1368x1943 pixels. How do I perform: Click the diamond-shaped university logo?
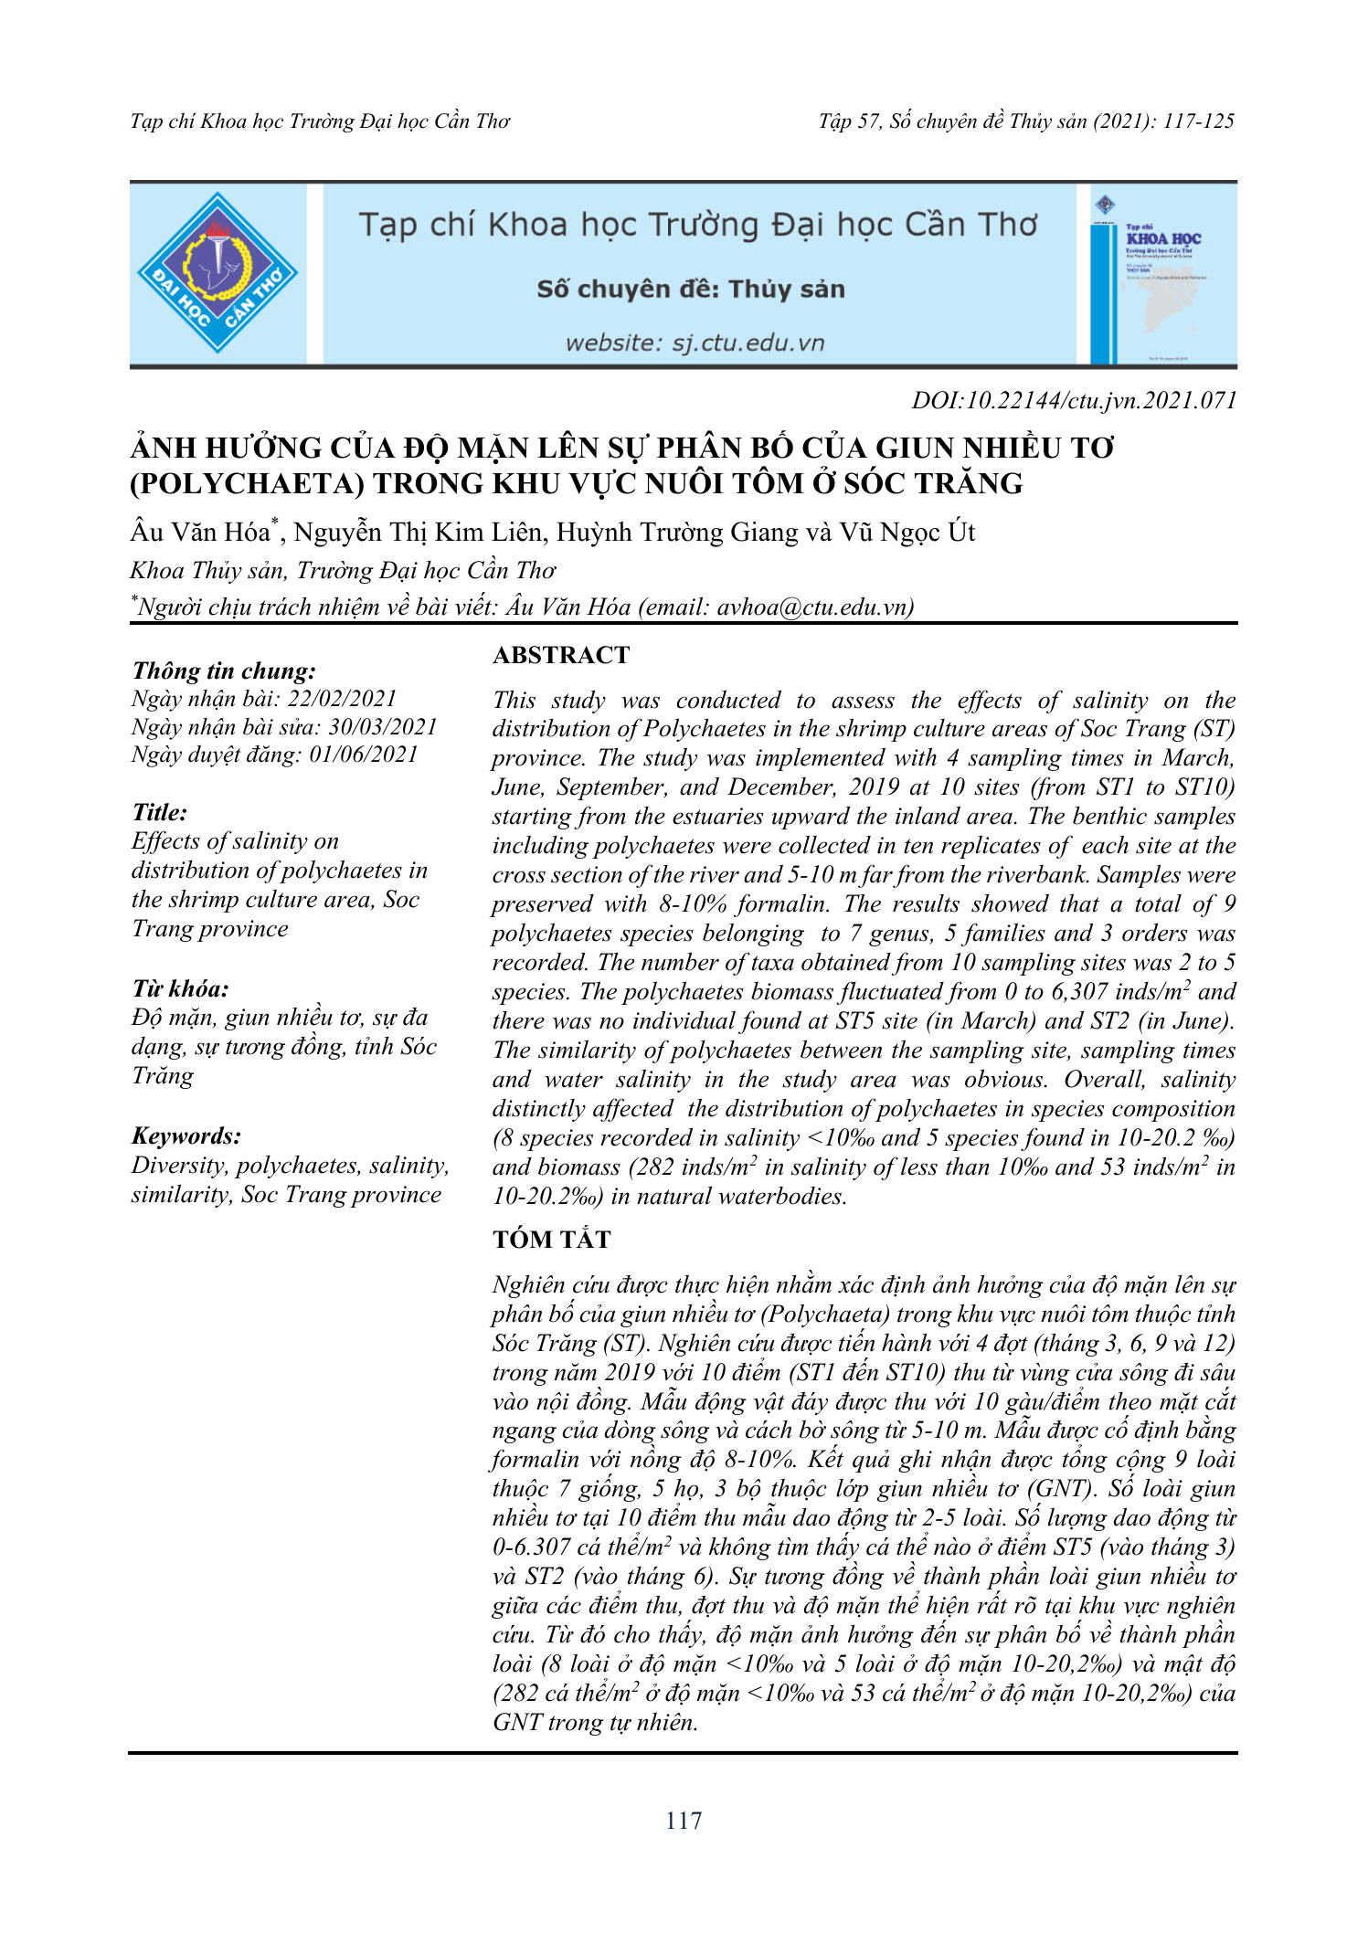point(217,272)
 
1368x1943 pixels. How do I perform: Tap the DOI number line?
point(1074,400)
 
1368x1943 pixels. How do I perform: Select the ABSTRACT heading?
point(561,655)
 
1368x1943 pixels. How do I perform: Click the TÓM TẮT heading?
point(552,1240)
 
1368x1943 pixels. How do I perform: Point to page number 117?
point(684,1821)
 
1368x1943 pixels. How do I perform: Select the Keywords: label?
point(186,1135)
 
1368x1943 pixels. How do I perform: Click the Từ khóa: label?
point(180,988)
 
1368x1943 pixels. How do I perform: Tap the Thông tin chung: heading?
point(224,671)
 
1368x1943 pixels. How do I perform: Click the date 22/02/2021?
point(343,699)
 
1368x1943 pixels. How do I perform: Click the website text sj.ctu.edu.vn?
point(748,343)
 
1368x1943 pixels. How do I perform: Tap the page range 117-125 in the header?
point(1199,121)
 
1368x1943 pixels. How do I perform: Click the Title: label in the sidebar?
point(160,812)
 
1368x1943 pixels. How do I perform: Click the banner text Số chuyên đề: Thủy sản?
point(691,290)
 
